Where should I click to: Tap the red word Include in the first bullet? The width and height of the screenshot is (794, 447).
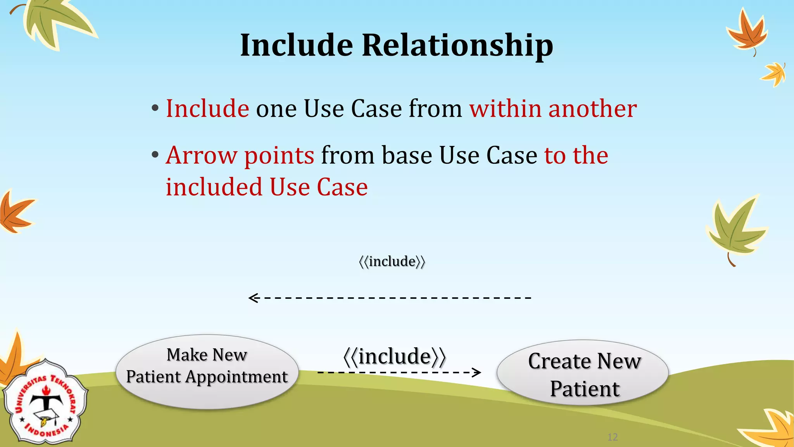207,109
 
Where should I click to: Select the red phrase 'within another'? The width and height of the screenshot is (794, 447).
553,109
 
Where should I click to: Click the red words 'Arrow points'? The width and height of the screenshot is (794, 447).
240,156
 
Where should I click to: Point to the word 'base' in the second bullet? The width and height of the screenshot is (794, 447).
407,156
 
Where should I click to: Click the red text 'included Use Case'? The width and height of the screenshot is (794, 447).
267,187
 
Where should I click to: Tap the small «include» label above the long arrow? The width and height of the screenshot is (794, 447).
392,262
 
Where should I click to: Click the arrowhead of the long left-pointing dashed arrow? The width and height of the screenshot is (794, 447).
253,298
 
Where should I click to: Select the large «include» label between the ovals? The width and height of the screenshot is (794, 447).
395,357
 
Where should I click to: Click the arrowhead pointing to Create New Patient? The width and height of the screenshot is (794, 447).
477,372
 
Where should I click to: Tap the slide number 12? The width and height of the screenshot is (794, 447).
613,437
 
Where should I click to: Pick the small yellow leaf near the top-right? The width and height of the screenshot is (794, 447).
774,74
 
